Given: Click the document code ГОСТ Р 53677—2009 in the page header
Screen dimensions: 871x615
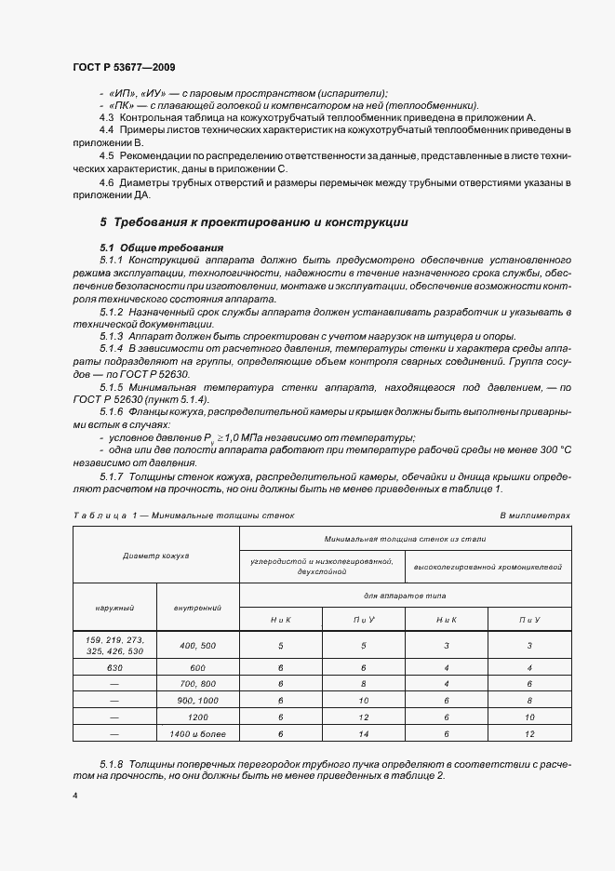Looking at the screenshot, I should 124,68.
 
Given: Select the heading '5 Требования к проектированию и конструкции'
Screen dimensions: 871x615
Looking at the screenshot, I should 253,223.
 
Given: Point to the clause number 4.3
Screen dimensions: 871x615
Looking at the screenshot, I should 107,118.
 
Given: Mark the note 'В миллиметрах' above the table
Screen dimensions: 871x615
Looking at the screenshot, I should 535,514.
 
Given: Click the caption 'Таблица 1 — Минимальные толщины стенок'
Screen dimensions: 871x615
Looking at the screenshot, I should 183,514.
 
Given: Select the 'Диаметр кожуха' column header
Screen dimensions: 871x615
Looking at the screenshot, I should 155,556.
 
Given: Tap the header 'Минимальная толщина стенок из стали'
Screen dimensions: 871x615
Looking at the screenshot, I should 406,539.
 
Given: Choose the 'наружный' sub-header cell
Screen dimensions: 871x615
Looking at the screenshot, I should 114,608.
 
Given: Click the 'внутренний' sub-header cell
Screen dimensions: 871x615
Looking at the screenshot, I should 197,608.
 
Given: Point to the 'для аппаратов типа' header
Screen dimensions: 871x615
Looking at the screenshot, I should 406,594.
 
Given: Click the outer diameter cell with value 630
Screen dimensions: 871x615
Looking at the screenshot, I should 114,667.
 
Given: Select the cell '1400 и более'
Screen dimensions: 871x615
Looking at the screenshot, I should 197,733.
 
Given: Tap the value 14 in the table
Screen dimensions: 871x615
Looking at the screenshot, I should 364,733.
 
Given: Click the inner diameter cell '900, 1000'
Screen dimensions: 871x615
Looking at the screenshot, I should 197,700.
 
